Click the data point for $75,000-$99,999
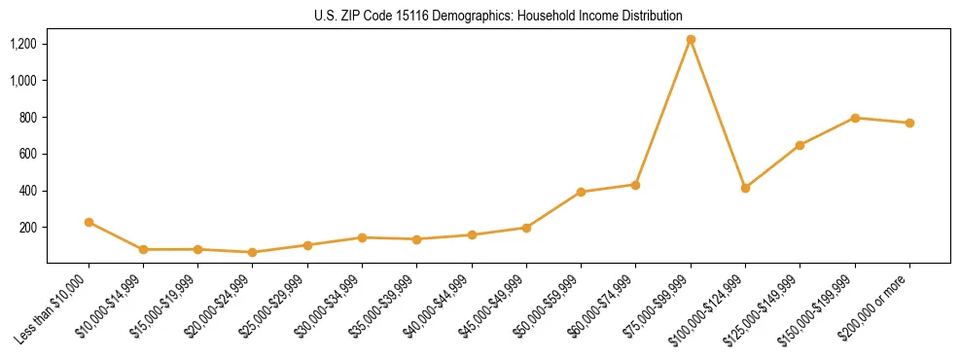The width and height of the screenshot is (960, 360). tap(691, 40)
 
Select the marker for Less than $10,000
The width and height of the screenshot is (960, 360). tap(89, 222)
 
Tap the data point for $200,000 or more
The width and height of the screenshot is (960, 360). tap(909, 123)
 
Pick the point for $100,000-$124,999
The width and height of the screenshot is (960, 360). tap(745, 188)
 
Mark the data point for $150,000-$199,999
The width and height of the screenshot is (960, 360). tap(855, 118)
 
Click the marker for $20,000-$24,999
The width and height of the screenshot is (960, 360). tap(253, 252)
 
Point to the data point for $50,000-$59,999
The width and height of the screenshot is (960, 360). tap(581, 192)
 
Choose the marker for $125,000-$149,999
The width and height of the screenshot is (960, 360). tap(800, 145)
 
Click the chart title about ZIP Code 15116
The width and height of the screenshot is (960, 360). tap(498, 16)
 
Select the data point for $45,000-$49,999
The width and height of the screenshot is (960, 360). tap(526, 228)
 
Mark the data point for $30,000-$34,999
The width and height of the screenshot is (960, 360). tap(362, 237)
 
